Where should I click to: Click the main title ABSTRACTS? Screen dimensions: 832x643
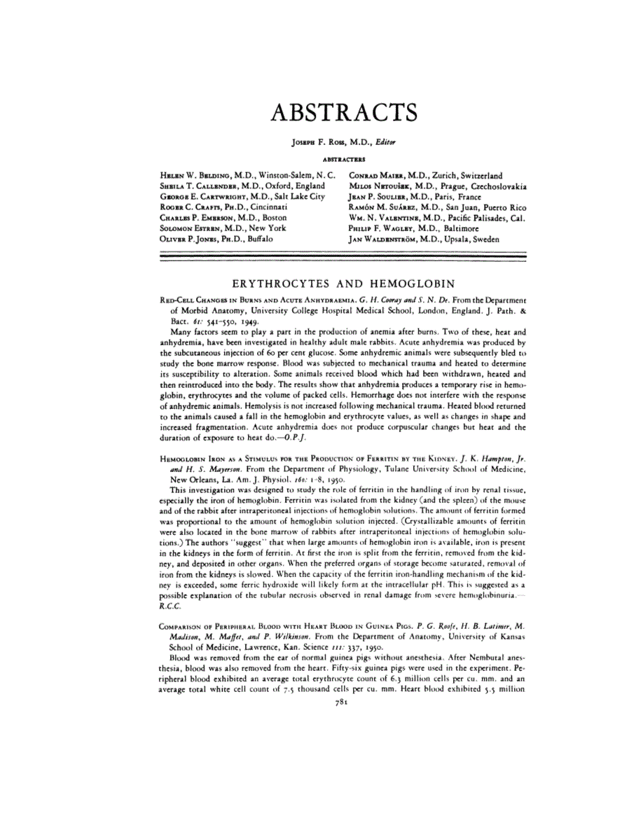click(343, 112)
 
